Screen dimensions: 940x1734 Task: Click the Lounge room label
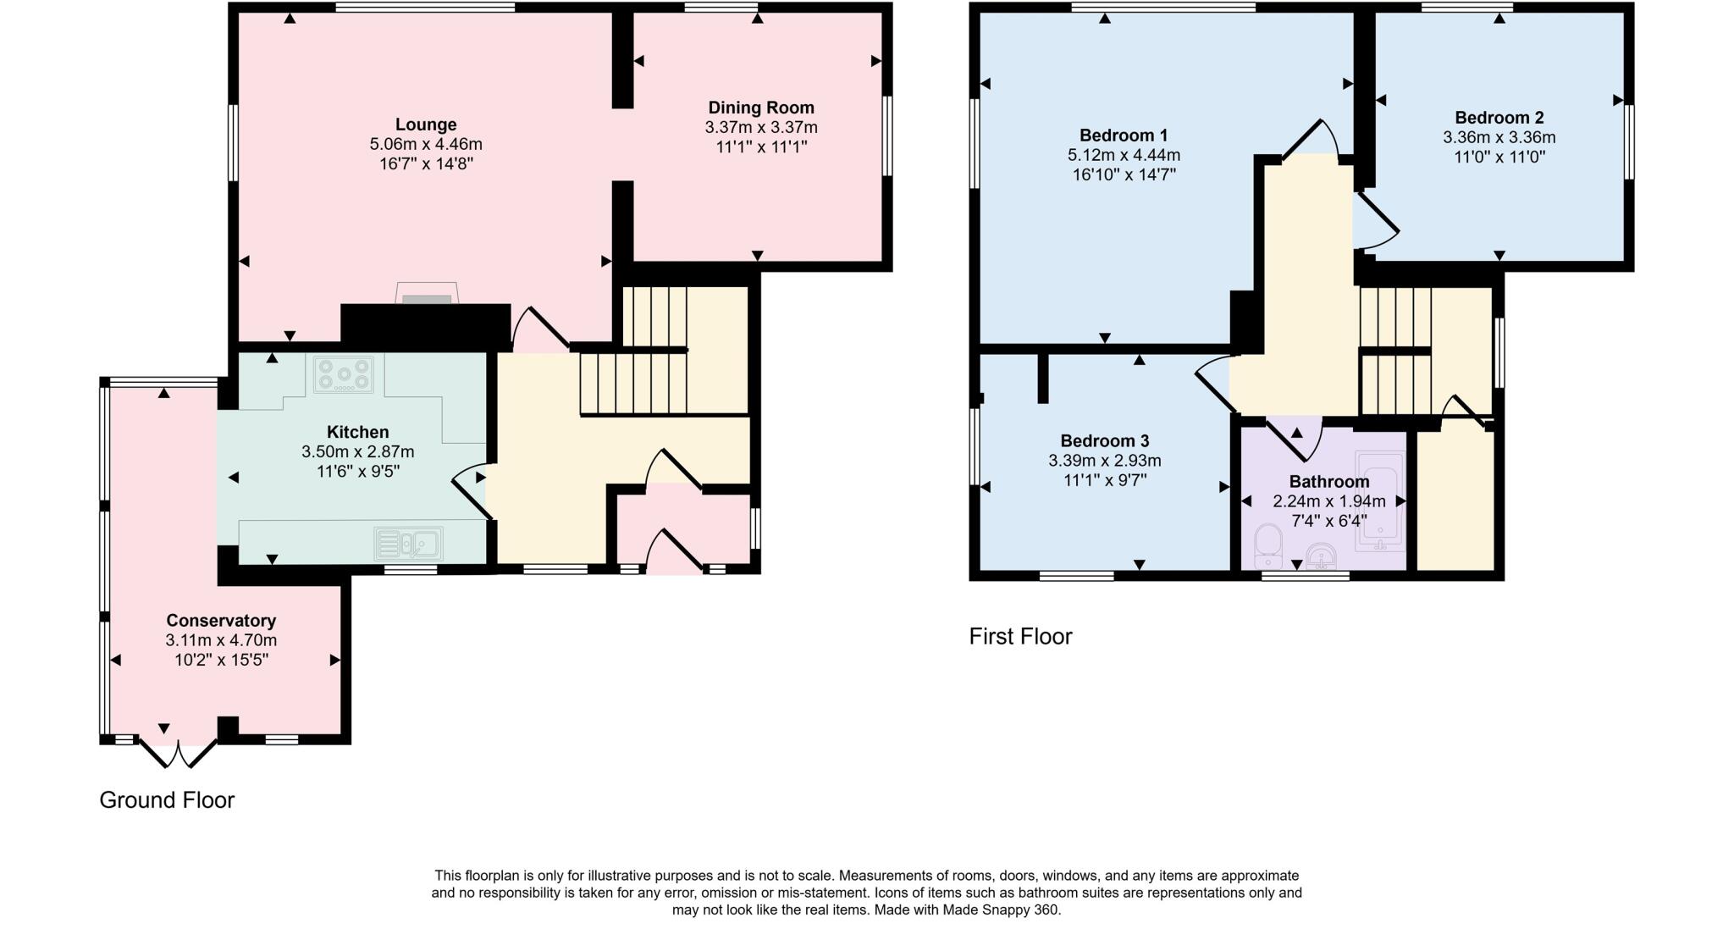tap(426, 125)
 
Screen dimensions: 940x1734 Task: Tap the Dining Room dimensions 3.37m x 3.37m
tap(760, 128)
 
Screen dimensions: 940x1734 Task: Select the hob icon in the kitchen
tap(343, 374)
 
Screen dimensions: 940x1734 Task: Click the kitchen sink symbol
tap(408, 543)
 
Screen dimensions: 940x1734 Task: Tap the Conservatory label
tap(221, 621)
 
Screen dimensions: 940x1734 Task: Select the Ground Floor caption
tap(167, 799)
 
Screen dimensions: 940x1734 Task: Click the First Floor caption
tap(1020, 636)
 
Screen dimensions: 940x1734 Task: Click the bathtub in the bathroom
tap(1379, 501)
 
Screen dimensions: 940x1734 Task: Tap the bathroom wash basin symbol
tap(1321, 558)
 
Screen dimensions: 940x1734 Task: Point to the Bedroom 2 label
tap(1499, 118)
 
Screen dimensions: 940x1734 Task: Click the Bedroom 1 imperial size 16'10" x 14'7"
tap(1124, 175)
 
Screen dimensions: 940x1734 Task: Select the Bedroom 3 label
tap(1104, 441)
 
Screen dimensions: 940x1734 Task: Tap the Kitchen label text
tap(357, 433)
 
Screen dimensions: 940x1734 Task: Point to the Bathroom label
tap(1328, 482)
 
